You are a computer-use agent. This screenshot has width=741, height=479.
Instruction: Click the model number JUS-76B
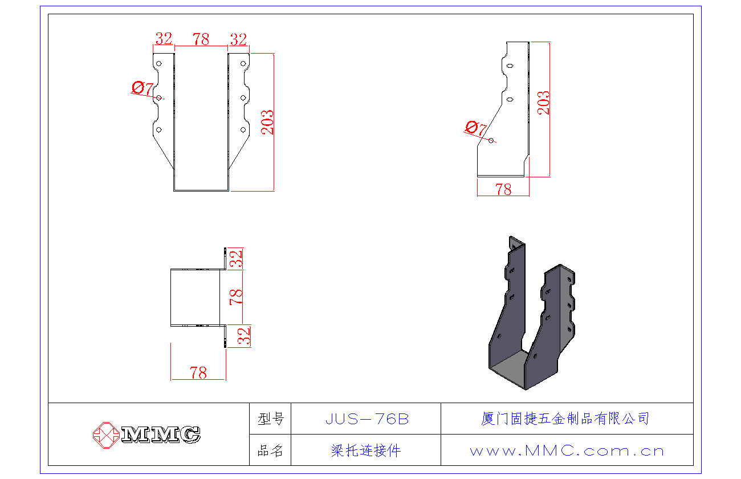click(367, 419)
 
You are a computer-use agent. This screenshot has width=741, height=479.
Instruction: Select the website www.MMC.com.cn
click(567, 451)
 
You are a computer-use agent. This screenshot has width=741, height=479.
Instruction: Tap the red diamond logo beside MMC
click(106, 435)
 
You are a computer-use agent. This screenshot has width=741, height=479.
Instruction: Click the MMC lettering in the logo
click(161, 435)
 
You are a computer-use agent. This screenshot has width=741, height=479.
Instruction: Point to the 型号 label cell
click(270, 419)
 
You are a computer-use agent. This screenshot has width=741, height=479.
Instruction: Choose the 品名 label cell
click(270, 450)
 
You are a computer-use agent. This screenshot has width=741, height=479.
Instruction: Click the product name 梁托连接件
click(366, 450)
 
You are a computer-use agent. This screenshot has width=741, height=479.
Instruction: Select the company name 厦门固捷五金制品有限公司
click(565, 419)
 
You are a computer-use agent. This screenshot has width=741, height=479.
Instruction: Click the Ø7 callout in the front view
click(142, 88)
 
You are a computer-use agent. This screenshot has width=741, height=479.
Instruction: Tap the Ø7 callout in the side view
click(476, 128)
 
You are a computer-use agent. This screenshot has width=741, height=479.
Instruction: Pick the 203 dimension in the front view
click(267, 122)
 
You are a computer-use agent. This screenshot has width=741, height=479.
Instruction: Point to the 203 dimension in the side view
click(544, 103)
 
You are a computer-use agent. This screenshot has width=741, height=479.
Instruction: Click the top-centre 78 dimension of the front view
click(201, 39)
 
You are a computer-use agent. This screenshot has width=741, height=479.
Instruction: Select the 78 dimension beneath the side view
click(503, 190)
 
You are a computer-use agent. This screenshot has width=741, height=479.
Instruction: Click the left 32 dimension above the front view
click(164, 39)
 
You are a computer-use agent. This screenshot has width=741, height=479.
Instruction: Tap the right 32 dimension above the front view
click(238, 40)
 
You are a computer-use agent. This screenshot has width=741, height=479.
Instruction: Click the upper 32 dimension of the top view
click(236, 259)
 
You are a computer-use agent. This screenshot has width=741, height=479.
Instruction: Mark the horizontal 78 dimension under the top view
click(198, 373)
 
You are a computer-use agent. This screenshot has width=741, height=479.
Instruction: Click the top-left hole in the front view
click(159, 63)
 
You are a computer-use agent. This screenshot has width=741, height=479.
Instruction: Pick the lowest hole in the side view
click(491, 141)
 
